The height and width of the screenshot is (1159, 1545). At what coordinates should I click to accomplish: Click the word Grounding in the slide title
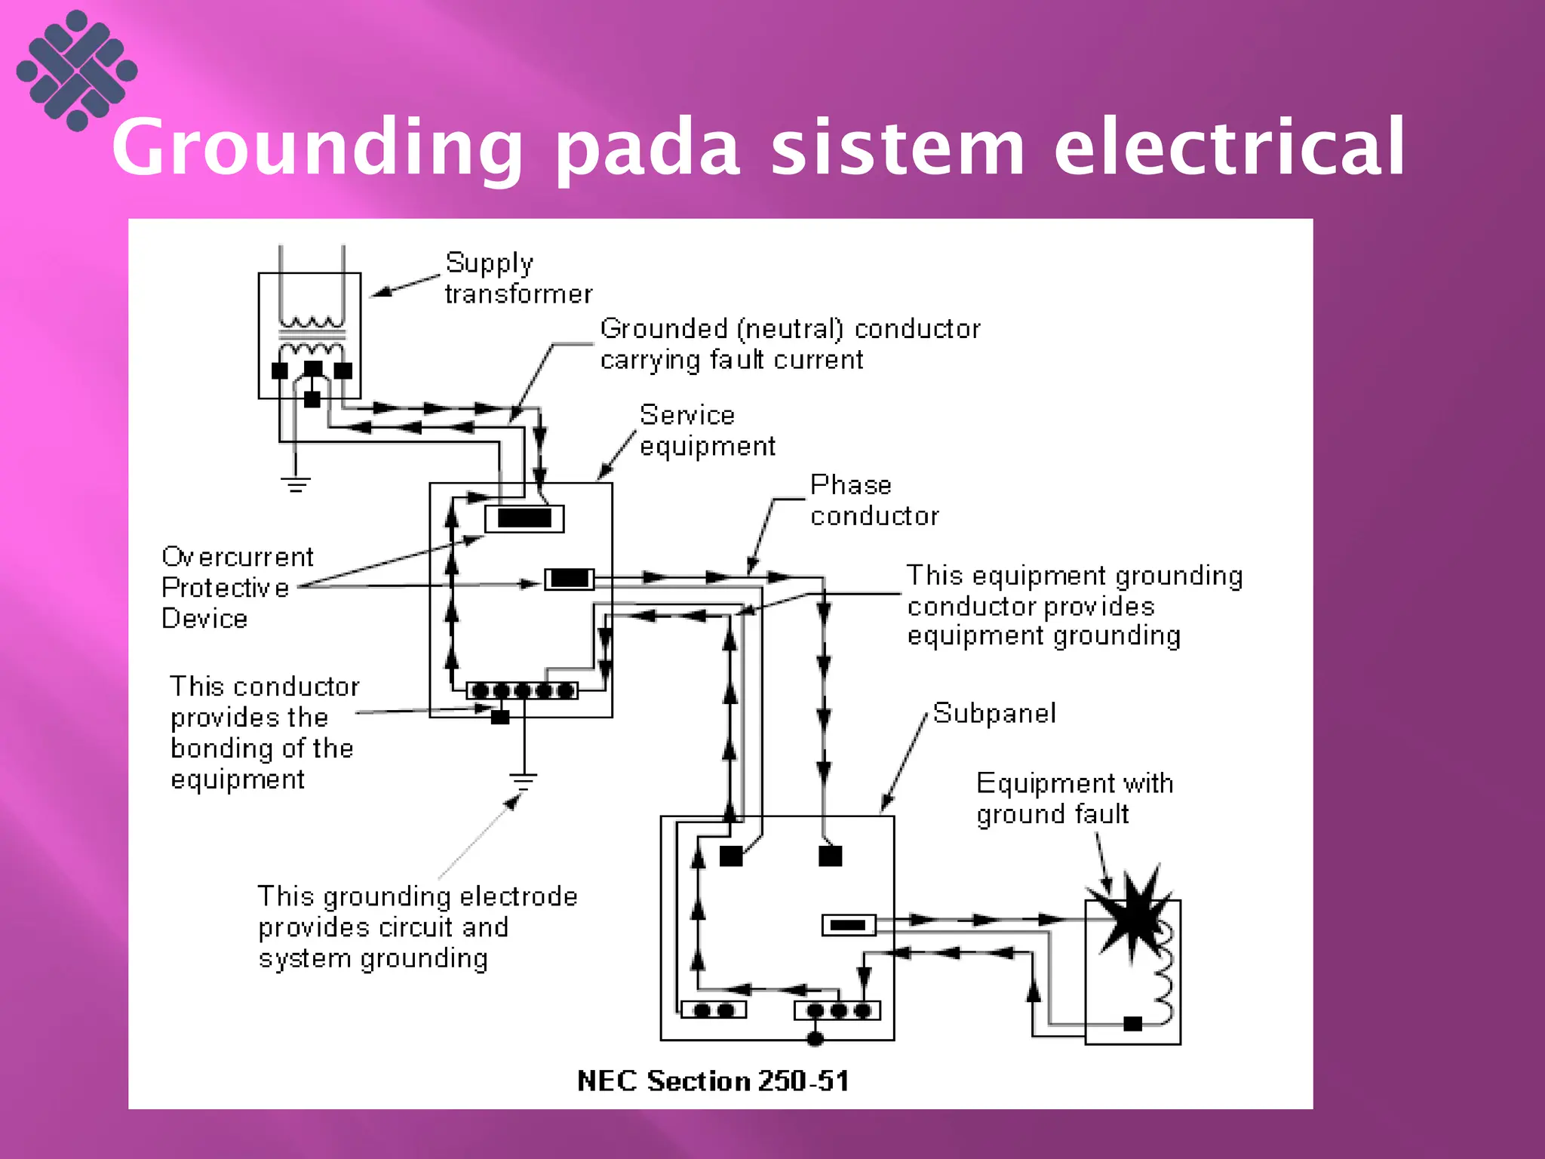tap(317, 147)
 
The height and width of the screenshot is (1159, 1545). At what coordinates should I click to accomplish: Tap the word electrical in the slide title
tap(1230, 147)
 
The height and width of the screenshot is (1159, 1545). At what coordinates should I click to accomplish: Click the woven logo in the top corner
tap(77, 70)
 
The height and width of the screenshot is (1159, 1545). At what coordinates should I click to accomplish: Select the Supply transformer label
tap(518, 278)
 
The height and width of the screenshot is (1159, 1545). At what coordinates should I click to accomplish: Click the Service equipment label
tap(706, 430)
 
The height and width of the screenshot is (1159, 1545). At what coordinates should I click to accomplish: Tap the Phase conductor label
tap(874, 500)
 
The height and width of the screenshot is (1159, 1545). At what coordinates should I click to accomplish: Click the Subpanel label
tap(994, 713)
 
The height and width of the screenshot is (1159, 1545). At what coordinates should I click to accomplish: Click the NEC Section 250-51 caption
tap(713, 1081)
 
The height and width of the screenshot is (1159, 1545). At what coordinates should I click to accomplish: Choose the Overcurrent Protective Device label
tap(236, 587)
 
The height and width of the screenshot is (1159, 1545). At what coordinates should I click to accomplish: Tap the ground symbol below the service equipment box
tap(523, 780)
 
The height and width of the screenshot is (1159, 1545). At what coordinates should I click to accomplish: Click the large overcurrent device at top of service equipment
tap(524, 518)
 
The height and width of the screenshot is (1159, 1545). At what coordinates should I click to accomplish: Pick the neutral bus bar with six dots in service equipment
tap(522, 690)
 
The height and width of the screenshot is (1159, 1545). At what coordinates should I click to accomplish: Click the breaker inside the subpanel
tap(848, 924)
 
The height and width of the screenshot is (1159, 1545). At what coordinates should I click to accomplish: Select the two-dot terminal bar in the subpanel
tap(713, 1010)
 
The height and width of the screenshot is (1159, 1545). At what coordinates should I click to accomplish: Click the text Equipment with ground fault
tap(1074, 798)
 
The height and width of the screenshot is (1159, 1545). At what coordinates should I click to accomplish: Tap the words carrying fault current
tap(730, 360)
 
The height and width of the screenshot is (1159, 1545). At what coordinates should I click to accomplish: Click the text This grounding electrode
tap(417, 896)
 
